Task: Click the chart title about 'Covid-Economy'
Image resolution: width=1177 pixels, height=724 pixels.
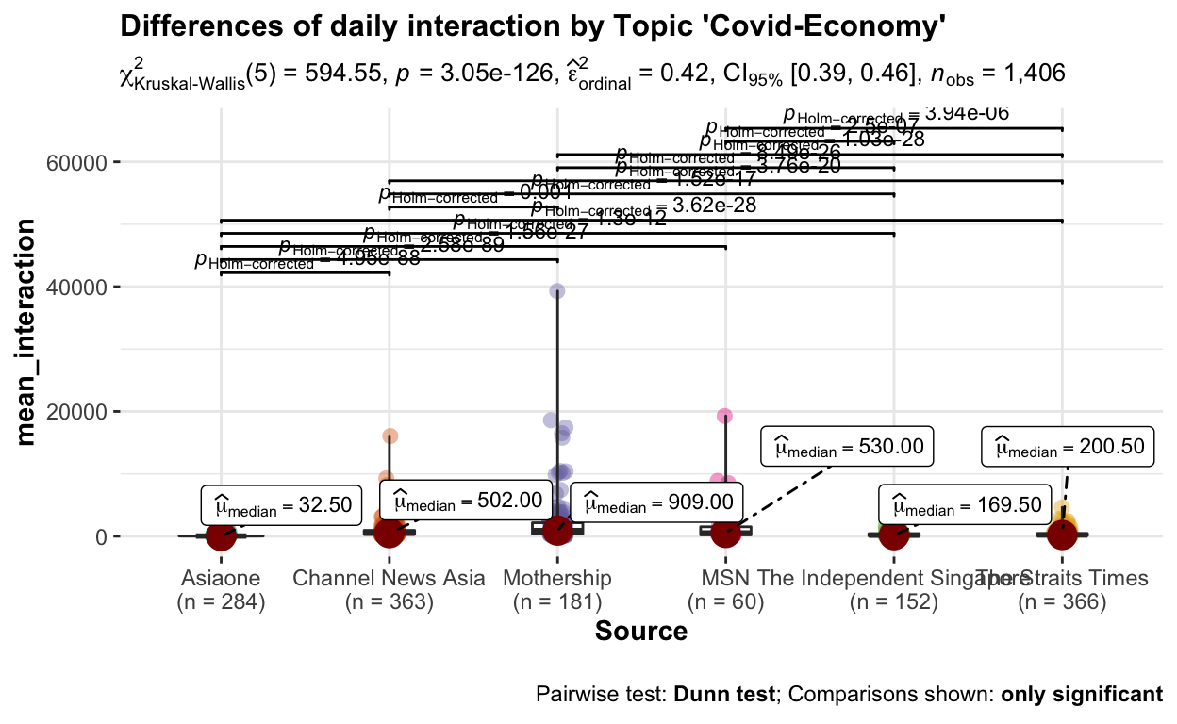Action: pyautogui.click(x=533, y=28)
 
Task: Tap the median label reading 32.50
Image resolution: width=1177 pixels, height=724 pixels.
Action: pyautogui.click(x=281, y=506)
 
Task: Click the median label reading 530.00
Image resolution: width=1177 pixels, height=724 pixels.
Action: pyautogui.click(x=847, y=447)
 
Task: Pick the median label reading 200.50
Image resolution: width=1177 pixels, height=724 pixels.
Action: pyautogui.click(x=1068, y=447)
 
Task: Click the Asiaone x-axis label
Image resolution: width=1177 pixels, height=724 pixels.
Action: pyautogui.click(x=221, y=578)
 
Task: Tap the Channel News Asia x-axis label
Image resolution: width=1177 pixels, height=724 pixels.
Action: pyautogui.click(x=390, y=578)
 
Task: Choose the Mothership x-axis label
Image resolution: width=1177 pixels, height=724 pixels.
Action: pyautogui.click(x=557, y=578)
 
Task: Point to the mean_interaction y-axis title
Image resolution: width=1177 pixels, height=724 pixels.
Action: pyautogui.click(x=29, y=331)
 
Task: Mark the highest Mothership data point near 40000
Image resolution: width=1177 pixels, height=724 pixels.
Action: pyautogui.click(x=557, y=291)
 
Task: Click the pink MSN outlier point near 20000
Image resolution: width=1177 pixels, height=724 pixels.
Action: pyautogui.click(x=724, y=416)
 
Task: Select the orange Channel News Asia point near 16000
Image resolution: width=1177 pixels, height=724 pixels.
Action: pyautogui.click(x=390, y=436)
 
